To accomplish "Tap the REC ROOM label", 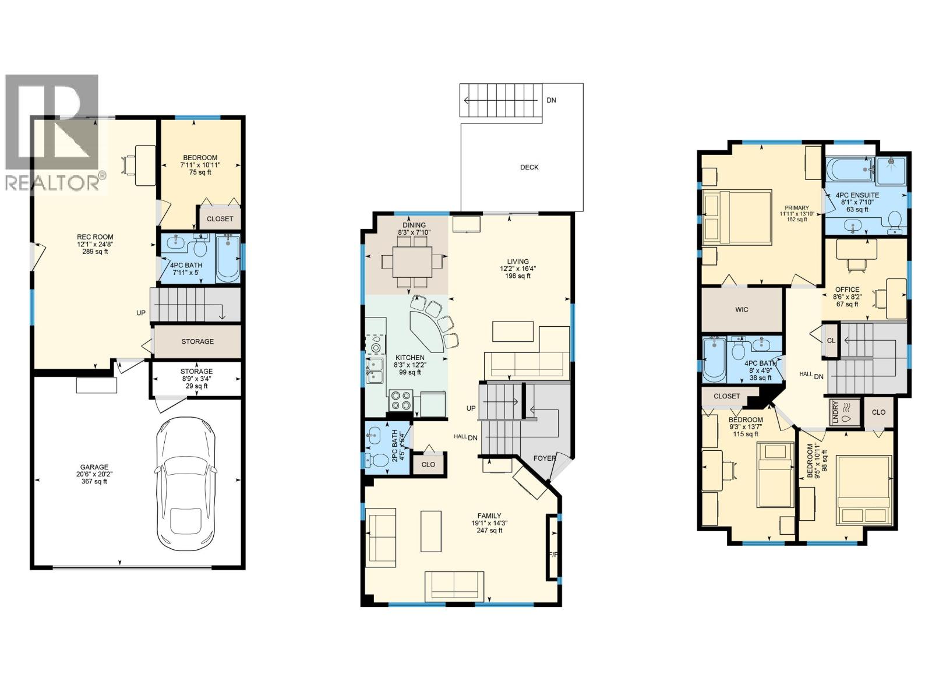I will click(95, 237).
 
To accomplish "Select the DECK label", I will click(529, 167).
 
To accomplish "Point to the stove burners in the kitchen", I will click(400, 401).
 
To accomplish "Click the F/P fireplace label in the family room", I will click(553, 555).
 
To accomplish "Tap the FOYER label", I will click(544, 458).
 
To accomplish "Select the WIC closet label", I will click(741, 309).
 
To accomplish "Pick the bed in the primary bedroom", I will click(737, 217).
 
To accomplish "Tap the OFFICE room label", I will click(847, 290).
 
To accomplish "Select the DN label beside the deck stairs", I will click(551, 100).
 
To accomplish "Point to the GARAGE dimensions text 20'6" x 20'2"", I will click(94, 474).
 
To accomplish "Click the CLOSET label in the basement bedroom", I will click(220, 219).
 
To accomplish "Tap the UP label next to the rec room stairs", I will click(141, 313).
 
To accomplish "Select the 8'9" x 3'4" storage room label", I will click(196, 379).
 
